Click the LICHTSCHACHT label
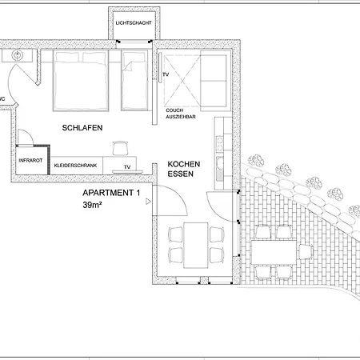134,23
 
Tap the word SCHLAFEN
82,128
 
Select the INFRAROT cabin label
30,161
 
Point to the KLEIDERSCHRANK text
75,166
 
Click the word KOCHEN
184,164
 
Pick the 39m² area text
92,205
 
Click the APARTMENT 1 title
111,193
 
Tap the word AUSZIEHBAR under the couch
181,117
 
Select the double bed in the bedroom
81,80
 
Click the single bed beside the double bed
134,80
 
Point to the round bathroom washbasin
18,55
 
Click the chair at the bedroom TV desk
120,148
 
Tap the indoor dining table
196,245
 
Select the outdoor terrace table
274,252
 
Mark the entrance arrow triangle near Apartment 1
148,202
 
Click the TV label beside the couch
166,74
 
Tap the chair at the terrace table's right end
306,252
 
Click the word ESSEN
180,174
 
